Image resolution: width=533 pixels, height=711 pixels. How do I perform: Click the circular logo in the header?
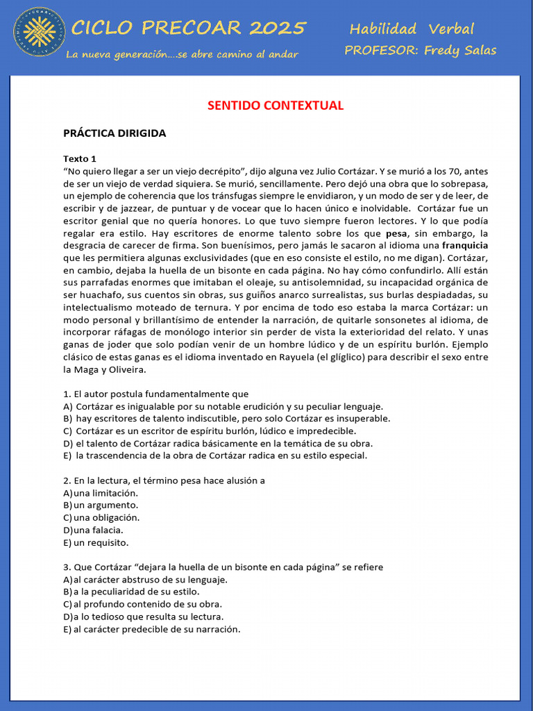coord(40,33)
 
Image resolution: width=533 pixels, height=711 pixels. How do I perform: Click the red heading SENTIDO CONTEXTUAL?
coord(276,106)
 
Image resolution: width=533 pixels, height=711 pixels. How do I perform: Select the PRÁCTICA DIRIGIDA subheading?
coord(115,133)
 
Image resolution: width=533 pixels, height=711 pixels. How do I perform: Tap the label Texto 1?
coord(80,158)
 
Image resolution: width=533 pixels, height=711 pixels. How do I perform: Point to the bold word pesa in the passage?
coord(396,233)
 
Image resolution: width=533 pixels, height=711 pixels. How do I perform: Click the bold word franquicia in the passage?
coord(465,246)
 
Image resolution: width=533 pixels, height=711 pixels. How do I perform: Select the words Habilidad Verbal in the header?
coord(412,29)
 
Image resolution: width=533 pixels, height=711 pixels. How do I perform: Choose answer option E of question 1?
coord(215,456)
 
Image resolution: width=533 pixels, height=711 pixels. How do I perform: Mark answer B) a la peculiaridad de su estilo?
coord(131,592)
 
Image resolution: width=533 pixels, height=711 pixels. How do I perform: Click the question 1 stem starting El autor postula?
coord(155,394)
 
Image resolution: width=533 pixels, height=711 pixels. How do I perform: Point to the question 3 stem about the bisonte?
coord(223,567)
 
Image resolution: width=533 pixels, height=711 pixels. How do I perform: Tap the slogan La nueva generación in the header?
coord(182,54)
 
